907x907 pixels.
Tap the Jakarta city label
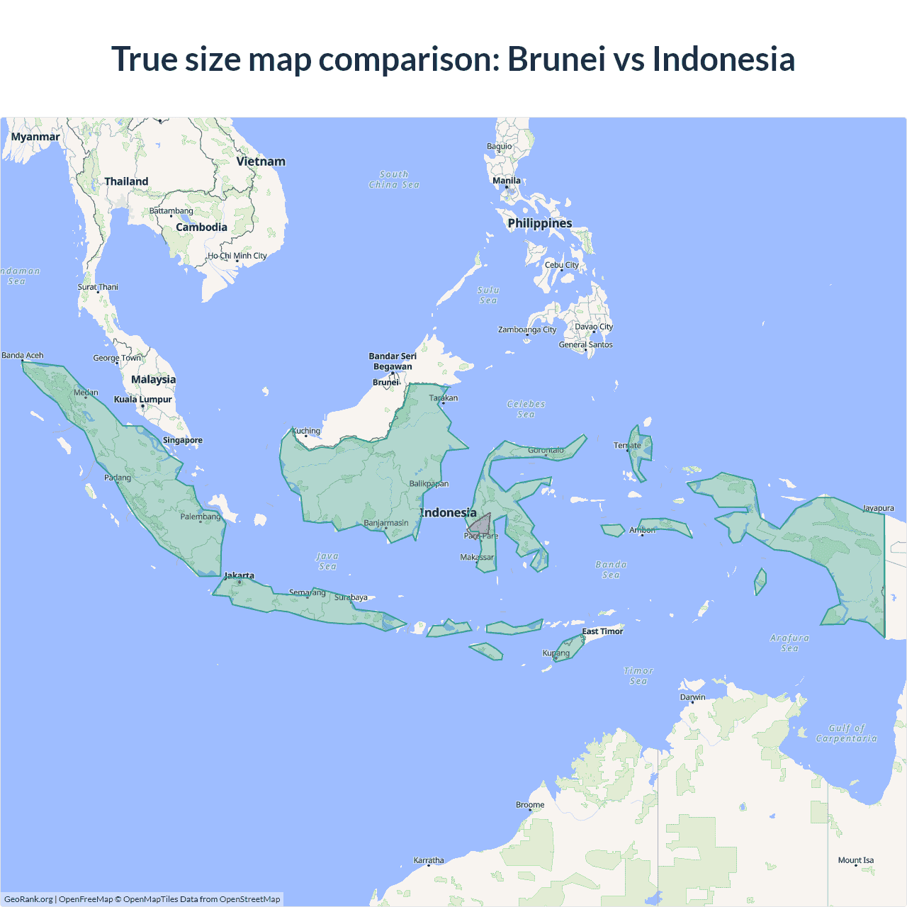(x=239, y=575)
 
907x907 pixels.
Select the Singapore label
(x=183, y=440)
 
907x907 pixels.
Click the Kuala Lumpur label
(x=143, y=399)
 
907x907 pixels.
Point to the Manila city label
(x=507, y=181)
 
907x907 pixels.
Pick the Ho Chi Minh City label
(x=237, y=256)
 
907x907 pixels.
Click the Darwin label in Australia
(x=693, y=697)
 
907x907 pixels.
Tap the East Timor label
(x=602, y=631)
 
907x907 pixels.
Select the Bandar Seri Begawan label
(x=393, y=361)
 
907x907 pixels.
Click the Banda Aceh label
(x=23, y=355)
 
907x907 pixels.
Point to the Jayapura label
(x=879, y=508)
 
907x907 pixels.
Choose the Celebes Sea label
(x=526, y=409)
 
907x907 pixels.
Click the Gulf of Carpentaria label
(x=846, y=733)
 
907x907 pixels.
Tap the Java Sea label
(x=327, y=561)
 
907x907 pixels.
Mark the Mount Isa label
(x=856, y=860)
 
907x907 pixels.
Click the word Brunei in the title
(x=556, y=59)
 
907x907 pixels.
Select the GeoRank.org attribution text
(x=28, y=899)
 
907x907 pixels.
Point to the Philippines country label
(x=540, y=223)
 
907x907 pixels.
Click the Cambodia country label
(x=202, y=227)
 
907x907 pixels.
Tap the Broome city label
(x=530, y=804)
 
